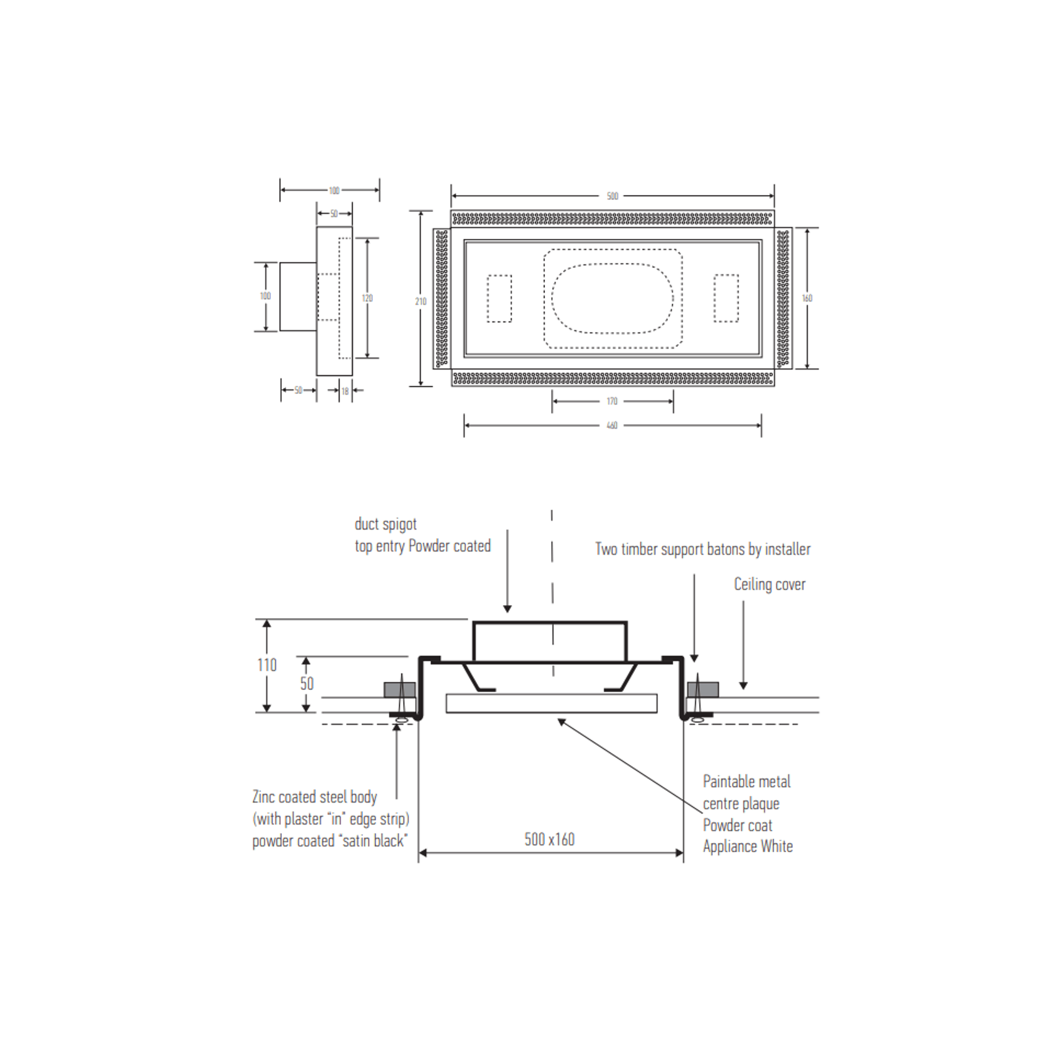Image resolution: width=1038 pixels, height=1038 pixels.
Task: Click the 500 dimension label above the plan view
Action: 612,196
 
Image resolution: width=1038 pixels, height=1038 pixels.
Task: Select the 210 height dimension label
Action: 421,302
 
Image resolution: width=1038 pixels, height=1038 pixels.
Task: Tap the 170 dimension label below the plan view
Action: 612,401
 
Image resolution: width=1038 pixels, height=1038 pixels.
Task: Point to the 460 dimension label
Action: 612,425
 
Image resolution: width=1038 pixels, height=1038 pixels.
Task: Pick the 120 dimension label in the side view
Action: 367,299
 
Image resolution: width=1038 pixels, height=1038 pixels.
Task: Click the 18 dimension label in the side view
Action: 345,391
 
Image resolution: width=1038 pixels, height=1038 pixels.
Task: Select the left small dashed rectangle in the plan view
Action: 499,299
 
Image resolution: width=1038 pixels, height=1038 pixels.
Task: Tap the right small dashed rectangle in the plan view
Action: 726,299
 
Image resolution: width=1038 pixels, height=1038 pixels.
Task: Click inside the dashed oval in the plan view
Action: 612,299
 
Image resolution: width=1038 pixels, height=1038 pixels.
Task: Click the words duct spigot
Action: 385,524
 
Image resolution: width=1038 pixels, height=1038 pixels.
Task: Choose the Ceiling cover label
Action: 769,584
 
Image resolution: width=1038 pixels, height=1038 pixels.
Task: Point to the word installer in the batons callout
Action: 787,549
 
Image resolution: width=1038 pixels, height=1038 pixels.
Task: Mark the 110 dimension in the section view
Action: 267,665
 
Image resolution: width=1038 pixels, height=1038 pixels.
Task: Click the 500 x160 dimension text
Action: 549,840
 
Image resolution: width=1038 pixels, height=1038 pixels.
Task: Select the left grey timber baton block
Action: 399,689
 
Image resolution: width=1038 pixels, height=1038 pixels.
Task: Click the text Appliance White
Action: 748,847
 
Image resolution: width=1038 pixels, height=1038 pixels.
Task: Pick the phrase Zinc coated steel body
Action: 315,797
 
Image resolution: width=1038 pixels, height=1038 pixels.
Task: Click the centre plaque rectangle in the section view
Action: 551,704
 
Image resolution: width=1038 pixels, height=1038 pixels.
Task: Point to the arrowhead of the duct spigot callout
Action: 507,609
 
